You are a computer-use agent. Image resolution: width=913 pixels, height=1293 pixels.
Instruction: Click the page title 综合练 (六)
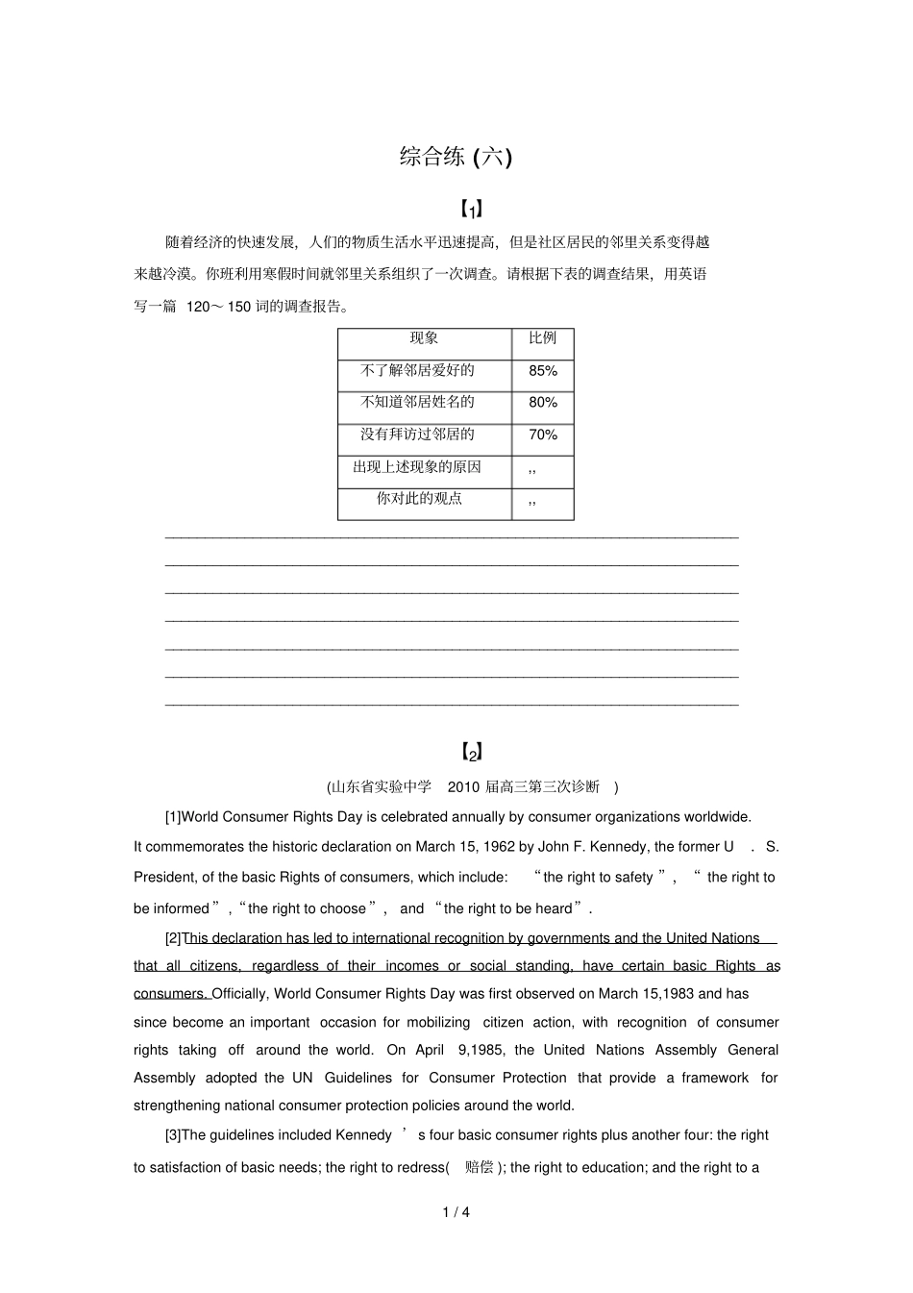[x=456, y=157]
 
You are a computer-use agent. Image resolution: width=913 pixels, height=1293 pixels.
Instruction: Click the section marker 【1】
[x=470, y=209]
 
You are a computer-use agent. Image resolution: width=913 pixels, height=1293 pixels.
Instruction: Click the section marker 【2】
[x=470, y=752]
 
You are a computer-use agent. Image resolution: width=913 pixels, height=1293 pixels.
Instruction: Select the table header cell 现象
[x=424, y=337]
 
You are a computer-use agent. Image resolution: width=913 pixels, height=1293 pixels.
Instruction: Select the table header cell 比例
[x=543, y=337]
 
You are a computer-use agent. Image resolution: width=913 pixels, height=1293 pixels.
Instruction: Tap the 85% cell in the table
[x=543, y=371]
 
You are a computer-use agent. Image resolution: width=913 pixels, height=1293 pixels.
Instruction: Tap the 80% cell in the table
[x=543, y=403]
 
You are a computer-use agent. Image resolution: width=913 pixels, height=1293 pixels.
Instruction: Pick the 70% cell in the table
[x=543, y=435]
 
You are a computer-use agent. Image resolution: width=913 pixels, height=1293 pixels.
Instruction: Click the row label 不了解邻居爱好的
[x=417, y=370]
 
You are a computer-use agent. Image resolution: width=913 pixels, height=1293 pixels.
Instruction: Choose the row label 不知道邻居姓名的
[x=417, y=402]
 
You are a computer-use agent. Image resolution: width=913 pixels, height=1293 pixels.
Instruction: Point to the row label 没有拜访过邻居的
[x=417, y=434]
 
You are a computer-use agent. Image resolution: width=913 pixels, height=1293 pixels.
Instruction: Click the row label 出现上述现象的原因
[x=417, y=467]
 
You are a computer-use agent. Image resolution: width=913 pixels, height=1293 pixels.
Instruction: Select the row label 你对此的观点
[x=419, y=498]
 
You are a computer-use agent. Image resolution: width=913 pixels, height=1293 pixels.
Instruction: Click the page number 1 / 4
[x=456, y=1212]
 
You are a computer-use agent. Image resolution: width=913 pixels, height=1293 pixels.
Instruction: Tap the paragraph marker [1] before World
[x=173, y=817]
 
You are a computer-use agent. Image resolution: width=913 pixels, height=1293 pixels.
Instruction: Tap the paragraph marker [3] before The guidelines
[x=173, y=1135]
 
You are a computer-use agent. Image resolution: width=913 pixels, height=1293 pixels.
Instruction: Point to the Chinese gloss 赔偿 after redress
[x=479, y=1167]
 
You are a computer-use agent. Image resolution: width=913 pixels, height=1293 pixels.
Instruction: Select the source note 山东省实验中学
[x=382, y=786]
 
